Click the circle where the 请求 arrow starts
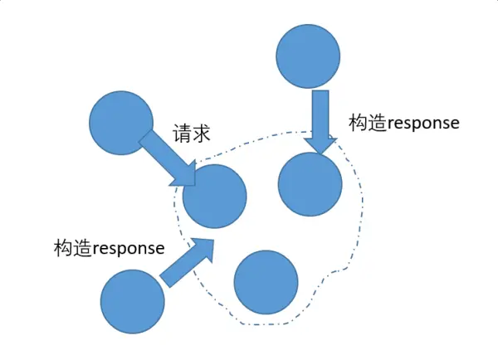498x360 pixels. (x=121, y=124)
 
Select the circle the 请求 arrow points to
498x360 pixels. (x=215, y=197)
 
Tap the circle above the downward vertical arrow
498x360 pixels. (x=308, y=56)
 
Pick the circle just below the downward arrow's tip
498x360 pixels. (x=310, y=184)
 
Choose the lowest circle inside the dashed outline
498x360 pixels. (x=266, y=282)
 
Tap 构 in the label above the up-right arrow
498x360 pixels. (x=63, y=248)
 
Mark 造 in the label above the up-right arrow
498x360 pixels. (x=82, y=248)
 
